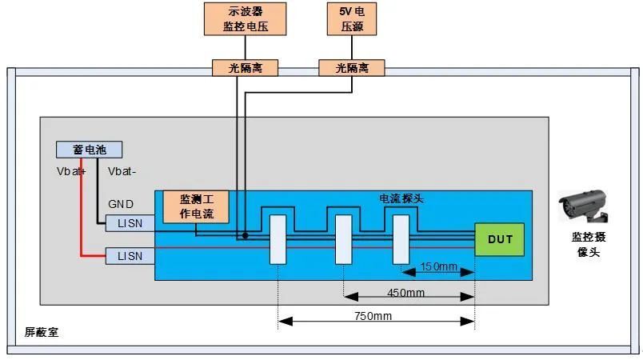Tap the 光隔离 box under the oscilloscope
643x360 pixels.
coord(244,68)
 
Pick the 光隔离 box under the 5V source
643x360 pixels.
coord(351,68)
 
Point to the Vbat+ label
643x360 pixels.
coord(70,171)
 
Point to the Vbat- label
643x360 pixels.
coord(122,171)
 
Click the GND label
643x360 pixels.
coord(120,205)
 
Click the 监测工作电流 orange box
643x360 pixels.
coord(196,207)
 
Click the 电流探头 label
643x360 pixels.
coord(401,197)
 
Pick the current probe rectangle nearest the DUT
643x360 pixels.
coord(401,239)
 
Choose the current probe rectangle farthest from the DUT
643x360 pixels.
coord(278,240)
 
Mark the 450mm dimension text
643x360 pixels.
coord(406,293)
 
